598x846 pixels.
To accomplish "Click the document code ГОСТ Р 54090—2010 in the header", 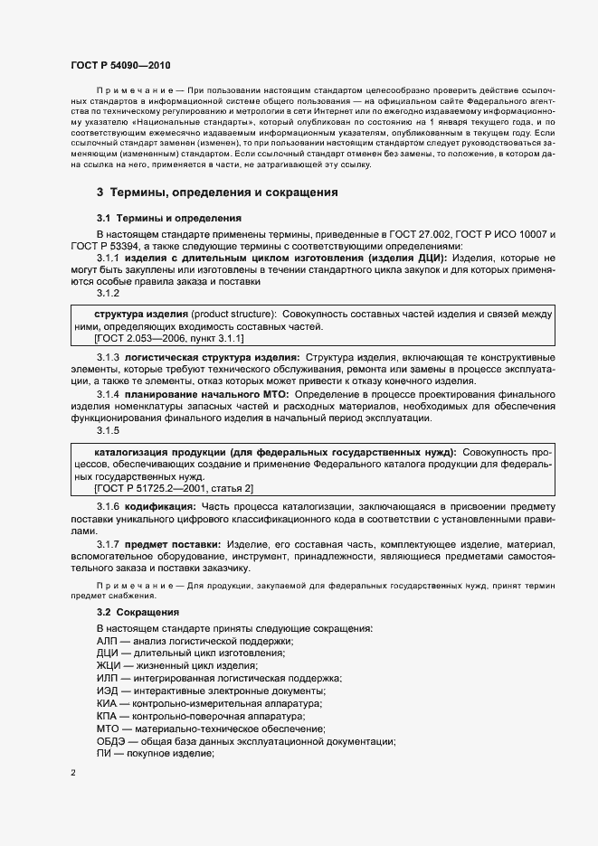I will point(119,66).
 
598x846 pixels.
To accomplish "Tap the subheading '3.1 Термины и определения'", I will point(168,218).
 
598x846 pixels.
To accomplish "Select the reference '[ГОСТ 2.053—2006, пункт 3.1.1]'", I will point(168,338).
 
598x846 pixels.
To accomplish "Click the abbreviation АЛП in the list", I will point(108,640).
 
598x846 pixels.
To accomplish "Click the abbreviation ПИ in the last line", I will point(103,754).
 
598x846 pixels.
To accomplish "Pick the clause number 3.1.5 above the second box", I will point(108,430).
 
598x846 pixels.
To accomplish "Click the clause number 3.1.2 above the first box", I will point(108,293).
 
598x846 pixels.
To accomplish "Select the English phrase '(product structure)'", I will point(234,313).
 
